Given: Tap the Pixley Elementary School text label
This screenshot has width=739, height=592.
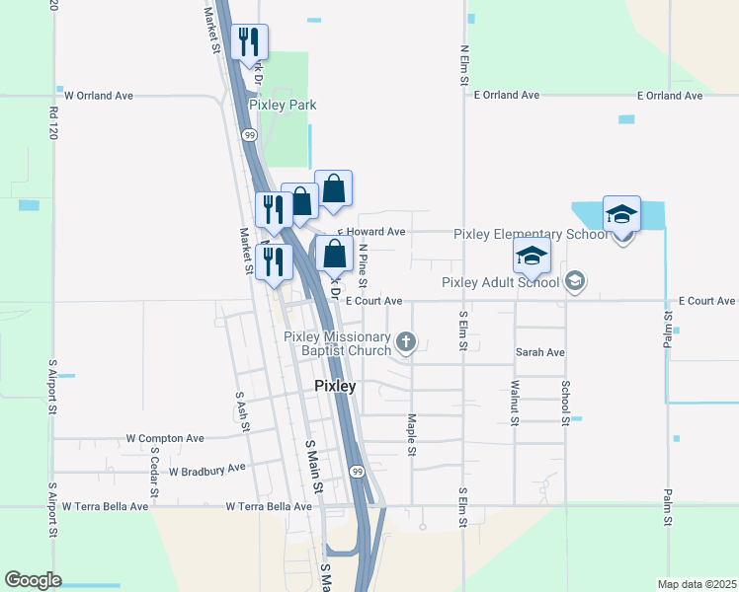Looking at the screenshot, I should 532,234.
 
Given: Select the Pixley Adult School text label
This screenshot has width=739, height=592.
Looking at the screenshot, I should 500,282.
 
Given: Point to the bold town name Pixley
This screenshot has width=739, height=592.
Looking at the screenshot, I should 335,386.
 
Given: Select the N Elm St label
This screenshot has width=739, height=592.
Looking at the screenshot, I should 463,65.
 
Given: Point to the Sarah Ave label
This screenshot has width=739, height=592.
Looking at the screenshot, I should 539,352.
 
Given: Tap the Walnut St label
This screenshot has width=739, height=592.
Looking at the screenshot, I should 515,405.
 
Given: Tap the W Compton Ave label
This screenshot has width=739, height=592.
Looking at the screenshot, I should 165,438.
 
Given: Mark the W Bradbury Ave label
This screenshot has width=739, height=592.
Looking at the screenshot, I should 206,471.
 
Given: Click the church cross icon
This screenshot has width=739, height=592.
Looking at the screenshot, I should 405,342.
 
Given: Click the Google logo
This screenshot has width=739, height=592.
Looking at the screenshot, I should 34,580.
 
